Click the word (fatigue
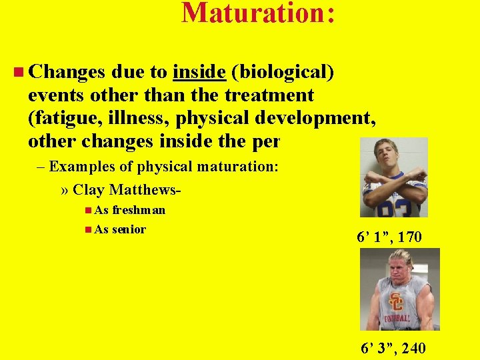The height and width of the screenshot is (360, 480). click(61, 119)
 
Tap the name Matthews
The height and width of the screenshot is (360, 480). click(146, 189)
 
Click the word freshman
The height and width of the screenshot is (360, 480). click(139, 210)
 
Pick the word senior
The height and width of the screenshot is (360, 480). click(129, 229)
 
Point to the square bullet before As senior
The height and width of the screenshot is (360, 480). click(89, 229)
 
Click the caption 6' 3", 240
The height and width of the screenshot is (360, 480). click(392, 347)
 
